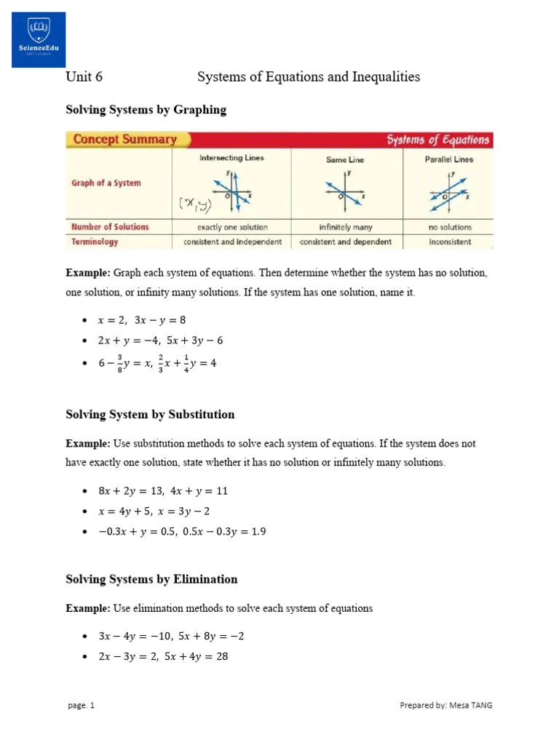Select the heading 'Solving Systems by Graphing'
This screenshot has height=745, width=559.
(x=146, y=110)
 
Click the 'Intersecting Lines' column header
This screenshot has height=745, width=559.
(x=231, y=158)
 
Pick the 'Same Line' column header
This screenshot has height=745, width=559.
(x=345, y=159)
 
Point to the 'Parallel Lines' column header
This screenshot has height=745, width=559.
(x=448, y=159)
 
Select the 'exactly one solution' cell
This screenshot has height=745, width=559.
(x=231, y=227)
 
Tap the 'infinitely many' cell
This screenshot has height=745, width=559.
(x=345, y=227)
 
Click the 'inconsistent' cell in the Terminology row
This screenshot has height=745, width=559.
(x=449, y=242)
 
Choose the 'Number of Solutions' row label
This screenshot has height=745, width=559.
(x=110, y=227)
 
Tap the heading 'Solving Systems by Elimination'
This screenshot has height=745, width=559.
(x=151, y=579)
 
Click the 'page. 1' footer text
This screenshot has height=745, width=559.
(x=81, y=705)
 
